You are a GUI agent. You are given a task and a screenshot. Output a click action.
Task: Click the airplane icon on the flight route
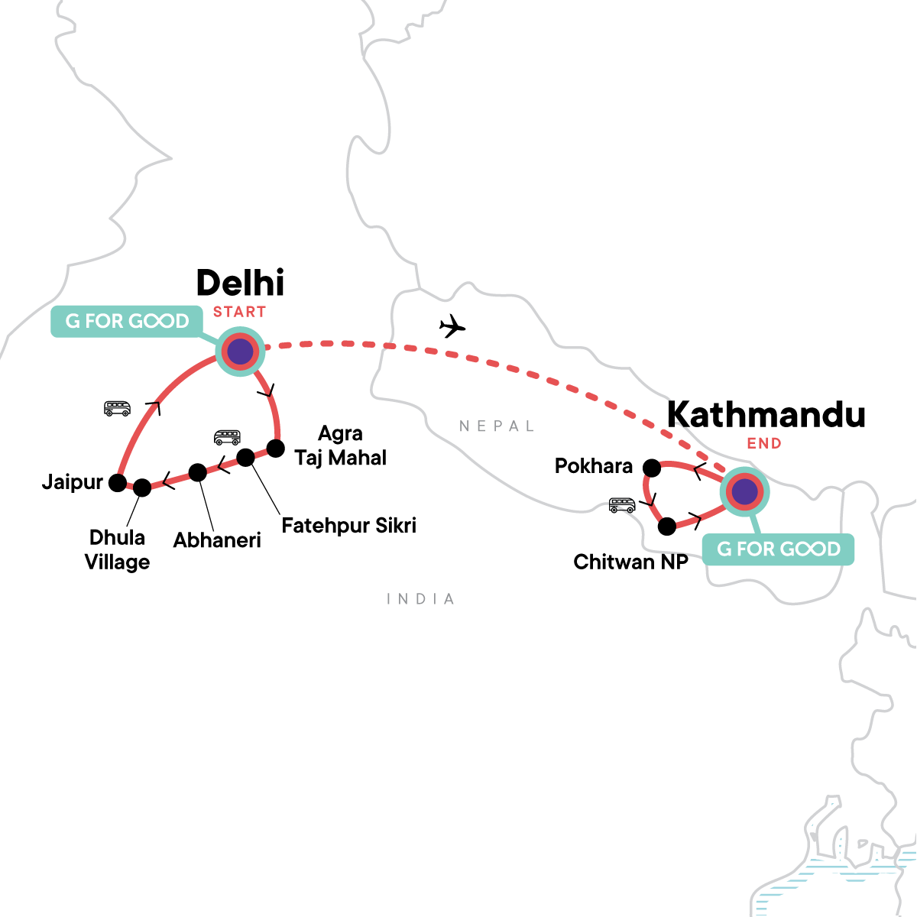pos(452,327)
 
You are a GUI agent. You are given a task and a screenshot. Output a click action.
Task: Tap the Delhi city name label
pos(240,283)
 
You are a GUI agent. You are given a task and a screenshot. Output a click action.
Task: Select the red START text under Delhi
pos(239,312)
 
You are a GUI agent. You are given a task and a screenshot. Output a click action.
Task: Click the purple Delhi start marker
pos(240,352)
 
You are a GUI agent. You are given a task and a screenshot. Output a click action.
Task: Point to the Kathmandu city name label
pos(766,415)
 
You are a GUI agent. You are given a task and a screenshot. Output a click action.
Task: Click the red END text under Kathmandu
pos(764,443)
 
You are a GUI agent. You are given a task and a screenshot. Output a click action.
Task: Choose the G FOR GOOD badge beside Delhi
pos(127,321)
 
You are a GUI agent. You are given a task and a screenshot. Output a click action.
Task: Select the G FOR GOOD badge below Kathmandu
pos(778,549)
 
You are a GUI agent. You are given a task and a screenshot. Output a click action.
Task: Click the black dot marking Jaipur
pos(118,482)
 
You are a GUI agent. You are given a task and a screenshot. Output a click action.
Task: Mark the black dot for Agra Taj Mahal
pos(275,447)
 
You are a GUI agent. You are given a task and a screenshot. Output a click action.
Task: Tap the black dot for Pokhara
pos(652,467)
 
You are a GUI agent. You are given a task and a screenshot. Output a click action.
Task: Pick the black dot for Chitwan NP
pos(667,526)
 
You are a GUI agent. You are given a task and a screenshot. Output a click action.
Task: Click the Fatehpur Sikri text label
pos(348,526)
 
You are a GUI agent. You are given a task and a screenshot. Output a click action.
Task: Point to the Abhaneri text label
pos(217,540)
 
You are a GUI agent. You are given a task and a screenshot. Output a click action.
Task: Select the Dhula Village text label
pos(117,549)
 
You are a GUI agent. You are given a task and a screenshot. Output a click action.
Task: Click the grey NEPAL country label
pos(497,426)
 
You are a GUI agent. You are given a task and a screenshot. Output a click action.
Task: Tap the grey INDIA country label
pos(421,599)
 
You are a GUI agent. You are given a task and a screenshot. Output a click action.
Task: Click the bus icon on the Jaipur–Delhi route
pos(118,408)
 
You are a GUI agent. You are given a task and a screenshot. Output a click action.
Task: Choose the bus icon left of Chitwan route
pos(622,505)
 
